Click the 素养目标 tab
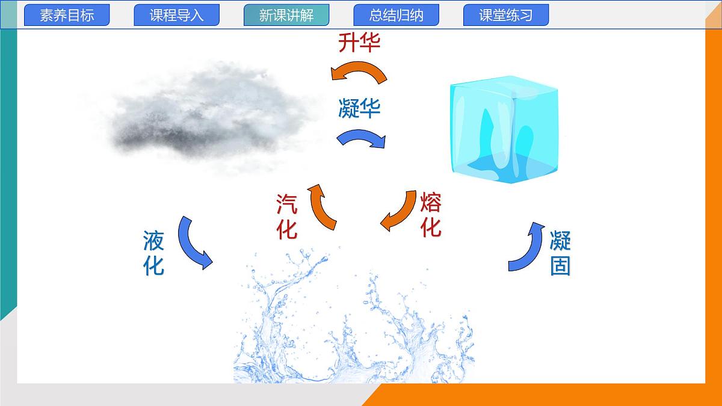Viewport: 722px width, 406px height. coord(67,16)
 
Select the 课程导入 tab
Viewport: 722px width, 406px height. coord(176,16)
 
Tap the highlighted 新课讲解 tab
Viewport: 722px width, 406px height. coord(286,16)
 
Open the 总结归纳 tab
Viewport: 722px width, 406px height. coord(396,16)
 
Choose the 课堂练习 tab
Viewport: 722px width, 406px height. coord(506,16)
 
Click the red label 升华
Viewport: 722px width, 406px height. coord(359,43)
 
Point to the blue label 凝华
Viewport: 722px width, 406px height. coord(359,109)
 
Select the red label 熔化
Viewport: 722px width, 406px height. coord(431,215)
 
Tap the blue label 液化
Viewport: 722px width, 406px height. coord(154,253)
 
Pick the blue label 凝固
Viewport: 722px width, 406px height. coord(560,253)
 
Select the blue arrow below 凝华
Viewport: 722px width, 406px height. coord(362,138)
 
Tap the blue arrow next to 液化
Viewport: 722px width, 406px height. coord(194,243)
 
